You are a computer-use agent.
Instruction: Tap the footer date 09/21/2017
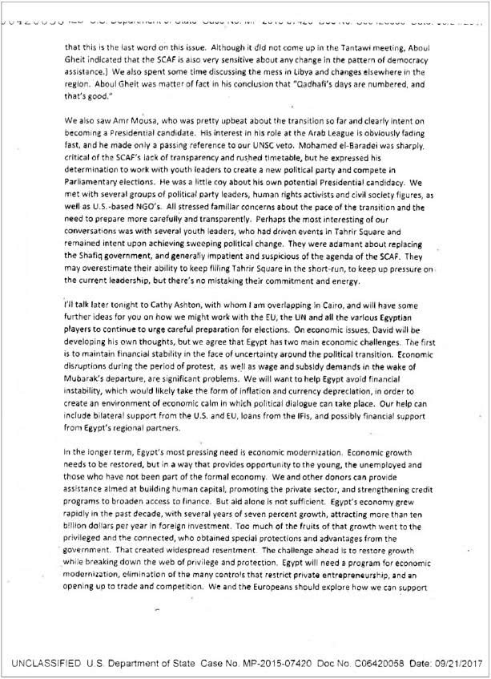[x=460, y=662]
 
